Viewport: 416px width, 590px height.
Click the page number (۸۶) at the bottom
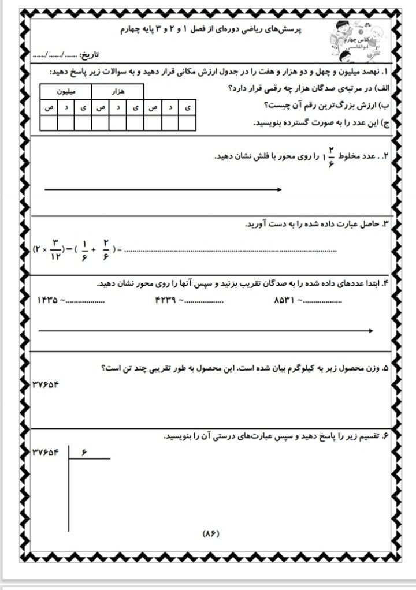(x=213, y=533)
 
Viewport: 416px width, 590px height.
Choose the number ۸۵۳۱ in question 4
(x=285, y=300)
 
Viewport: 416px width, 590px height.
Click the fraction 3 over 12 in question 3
(x=56, y=249)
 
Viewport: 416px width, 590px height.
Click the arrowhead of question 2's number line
(x=279, y=189)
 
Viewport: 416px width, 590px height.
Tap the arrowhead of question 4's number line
(x=369, y=330)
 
